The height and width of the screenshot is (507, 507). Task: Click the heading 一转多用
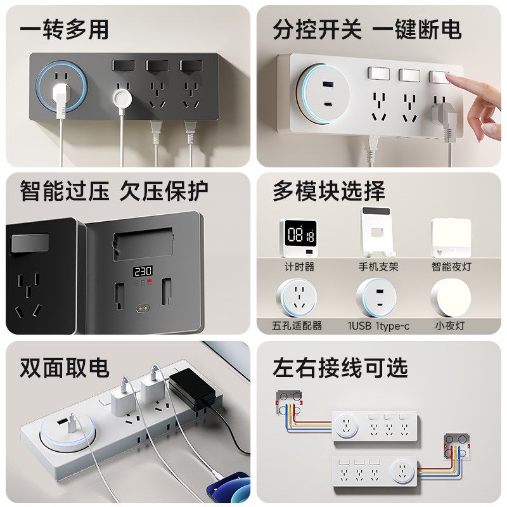64,29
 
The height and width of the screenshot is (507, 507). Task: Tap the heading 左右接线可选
340,368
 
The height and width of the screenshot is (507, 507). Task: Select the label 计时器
299,267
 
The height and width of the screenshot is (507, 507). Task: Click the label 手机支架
378,267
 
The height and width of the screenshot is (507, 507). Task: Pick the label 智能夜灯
451,267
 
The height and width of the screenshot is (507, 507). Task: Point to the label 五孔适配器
297,325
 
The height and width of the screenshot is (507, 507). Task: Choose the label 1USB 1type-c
378,326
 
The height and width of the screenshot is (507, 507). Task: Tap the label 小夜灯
450,325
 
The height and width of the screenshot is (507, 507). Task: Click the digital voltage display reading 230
143,272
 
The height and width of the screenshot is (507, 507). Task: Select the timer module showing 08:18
298,238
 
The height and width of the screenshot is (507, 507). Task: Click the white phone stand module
377,231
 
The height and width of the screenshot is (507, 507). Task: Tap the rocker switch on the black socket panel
29,243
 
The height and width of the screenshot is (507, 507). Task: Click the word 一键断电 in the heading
417,29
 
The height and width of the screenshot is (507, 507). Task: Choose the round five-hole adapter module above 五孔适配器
297,297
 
